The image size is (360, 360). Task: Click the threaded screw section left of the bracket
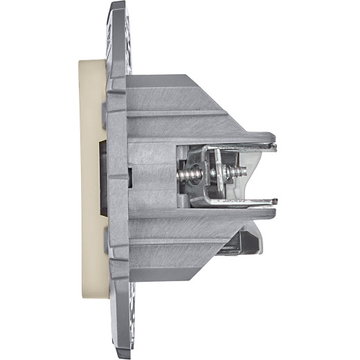(187, 175)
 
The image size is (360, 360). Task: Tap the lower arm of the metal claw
(242, 202)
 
